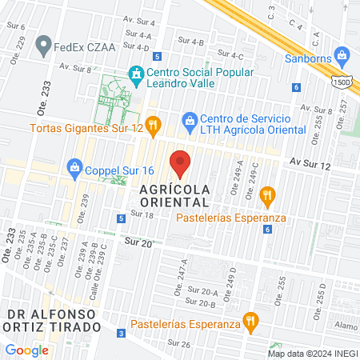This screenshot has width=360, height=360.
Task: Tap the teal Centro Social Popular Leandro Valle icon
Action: pyautogui.click(x=138, y=73)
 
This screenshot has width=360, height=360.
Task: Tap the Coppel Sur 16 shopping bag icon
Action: pyautogui.click(x=75, y=167)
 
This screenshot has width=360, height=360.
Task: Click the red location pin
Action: pyautogui.click(x=181, y=164)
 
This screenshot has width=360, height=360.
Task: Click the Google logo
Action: pyautogui.click(x=27, y=350)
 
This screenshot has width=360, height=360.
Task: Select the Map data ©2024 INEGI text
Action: pyautogui.click(x=312, y=353)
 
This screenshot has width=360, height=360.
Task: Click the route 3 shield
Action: pyautogui.click(x=121, y=333)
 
